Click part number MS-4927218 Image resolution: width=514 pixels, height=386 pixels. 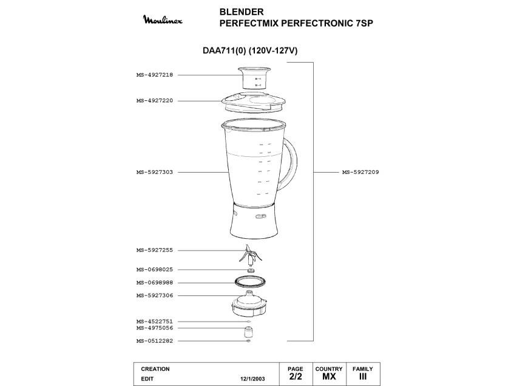point(155,75)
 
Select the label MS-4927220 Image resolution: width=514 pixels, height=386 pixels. point(155,101)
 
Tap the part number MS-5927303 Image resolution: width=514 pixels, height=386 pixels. point(155,172)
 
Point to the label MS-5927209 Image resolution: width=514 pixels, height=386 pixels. point(360,172)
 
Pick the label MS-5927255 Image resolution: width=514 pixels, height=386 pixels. point(155,250)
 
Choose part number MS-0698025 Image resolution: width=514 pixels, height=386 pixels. point(155,269)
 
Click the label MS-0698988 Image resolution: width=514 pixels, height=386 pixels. point(155,283)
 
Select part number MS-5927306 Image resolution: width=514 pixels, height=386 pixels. point(155,295)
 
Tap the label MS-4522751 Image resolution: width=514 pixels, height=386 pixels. point(155,322)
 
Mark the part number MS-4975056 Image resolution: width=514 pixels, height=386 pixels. point(155,328)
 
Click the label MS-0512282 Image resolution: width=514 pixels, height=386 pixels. point(155,341)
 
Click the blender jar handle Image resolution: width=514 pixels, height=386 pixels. point(293,165)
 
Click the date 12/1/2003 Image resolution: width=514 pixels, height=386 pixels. point(253,378)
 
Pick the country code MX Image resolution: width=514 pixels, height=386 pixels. point(328,377)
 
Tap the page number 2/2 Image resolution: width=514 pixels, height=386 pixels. point(295,377)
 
